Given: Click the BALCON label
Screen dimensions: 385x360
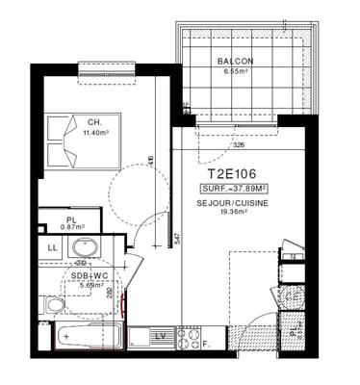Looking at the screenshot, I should (236, 61).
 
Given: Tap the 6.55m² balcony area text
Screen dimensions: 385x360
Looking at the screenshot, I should (236, 71).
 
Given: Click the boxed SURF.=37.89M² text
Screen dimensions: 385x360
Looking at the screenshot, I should (234, 190).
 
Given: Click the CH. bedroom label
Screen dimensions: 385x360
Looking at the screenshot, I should (94, 123).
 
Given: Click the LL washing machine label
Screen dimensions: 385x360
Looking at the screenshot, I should (51, 247).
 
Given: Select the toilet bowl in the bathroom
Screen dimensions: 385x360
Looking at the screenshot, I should (55, 306).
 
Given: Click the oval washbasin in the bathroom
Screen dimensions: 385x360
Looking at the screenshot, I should (83, 247).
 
